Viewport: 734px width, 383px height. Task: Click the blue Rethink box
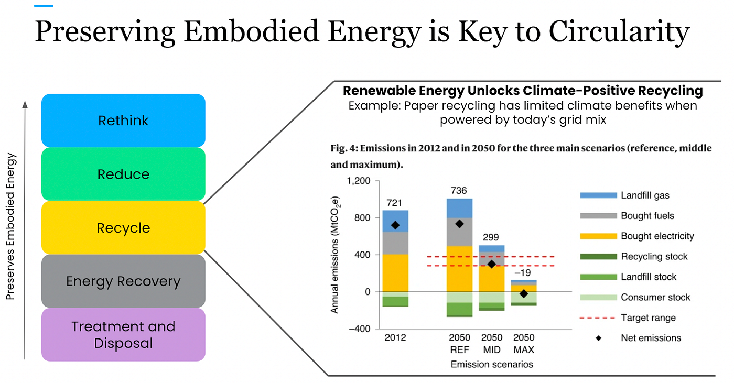(123, 121)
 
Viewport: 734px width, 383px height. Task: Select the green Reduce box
(123, 174)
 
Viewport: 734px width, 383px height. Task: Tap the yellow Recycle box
(123, 228)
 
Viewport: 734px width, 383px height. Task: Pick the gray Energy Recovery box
(123, 281)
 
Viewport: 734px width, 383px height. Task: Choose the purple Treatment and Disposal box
(123, 335)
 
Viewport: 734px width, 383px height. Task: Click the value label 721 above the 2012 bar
(395, 203)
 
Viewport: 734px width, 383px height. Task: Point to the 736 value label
(459, 191)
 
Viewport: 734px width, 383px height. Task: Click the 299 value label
(491, 237)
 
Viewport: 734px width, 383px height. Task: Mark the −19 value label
(523, 272)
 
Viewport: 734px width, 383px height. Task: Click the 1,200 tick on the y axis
(359, 181)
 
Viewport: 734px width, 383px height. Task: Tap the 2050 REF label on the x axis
(459, 343)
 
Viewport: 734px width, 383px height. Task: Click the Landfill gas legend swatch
(598, 195)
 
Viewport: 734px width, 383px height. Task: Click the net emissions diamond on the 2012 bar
(395, 225)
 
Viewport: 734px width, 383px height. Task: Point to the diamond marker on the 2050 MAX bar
(523, 294)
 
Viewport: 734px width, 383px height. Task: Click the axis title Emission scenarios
(491, 364)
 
